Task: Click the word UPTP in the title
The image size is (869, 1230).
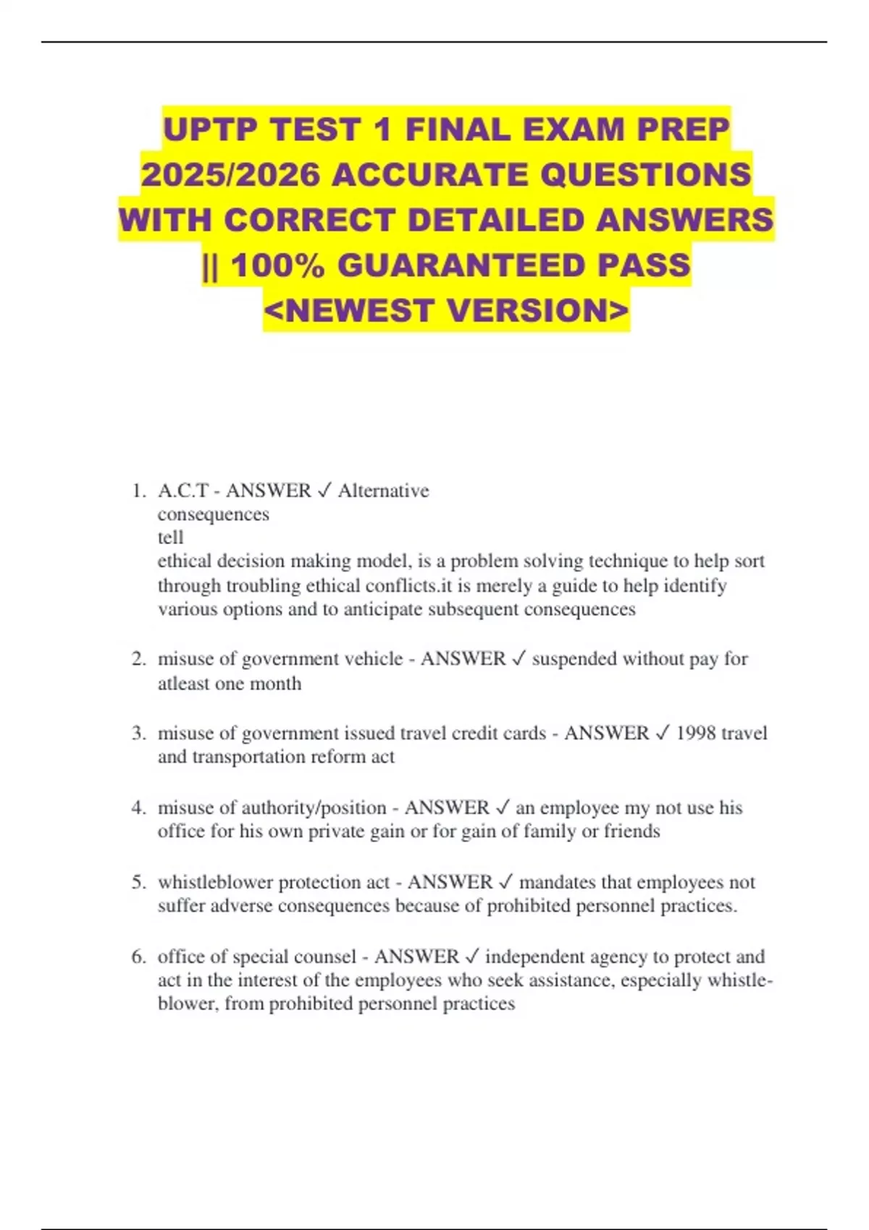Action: click(x=210, y=130)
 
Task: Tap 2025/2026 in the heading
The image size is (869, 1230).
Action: click(x=230, y=175)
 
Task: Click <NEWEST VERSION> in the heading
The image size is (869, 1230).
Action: click(x=446, y=310)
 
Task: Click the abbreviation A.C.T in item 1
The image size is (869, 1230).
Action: click(x=183, y=491)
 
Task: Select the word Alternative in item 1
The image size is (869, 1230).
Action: click(x=383, y=491)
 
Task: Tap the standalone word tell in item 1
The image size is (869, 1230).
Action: click(x=170, y=538)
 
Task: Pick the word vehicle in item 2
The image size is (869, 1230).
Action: click(x=374, y=659)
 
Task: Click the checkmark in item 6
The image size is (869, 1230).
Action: click(x=472, y=957)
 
